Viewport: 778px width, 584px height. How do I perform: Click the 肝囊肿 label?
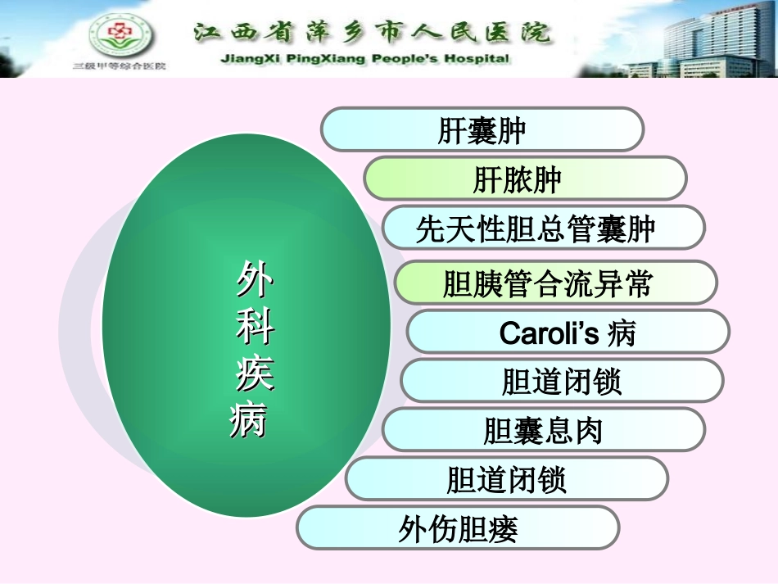click(482, 130)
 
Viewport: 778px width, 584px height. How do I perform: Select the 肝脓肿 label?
click(517, 179)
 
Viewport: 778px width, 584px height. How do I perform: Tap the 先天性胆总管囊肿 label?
click(536, 229)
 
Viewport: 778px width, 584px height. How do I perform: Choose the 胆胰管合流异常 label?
click(547, 283)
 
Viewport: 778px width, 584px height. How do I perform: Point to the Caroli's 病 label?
click(567, 333)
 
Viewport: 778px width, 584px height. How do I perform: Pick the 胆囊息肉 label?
click(543, 430)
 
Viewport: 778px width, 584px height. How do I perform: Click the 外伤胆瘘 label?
click(458, 529)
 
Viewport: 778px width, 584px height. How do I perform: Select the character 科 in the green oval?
click(255, 328)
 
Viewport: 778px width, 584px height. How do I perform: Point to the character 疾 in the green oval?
click(254, 375)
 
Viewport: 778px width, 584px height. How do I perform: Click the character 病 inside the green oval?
click(249, 421)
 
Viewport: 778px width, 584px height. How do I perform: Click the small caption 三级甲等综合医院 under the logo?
click(120, 66)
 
